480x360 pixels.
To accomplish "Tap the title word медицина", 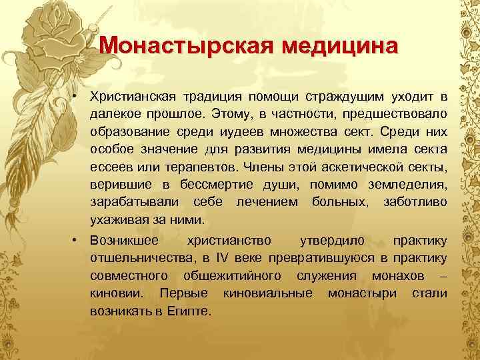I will click(339, 46).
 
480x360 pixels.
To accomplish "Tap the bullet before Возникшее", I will click(77, 239).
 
